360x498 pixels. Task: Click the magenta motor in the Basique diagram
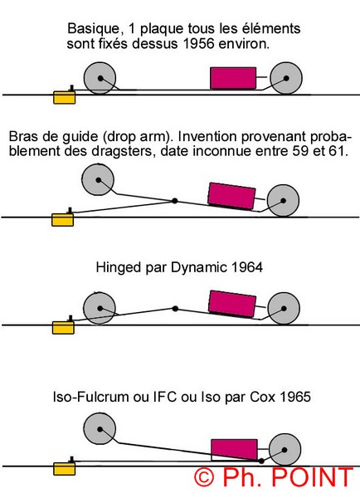coord(233,78)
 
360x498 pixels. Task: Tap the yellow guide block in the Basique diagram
coord(65,97)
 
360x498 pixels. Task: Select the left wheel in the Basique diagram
coord(100,78)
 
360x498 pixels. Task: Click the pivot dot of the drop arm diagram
coord(174,201)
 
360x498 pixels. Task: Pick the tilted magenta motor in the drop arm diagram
coord(231,196)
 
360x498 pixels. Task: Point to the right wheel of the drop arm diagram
coord(283,201)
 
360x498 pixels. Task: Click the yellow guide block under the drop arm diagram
coord(62,220)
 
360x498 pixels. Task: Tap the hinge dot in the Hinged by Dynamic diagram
coord(175,309)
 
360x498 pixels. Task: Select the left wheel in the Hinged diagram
coord(100,309)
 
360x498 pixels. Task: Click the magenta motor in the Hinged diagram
coord(232,305)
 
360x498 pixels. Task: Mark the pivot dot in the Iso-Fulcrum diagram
coord(261,461)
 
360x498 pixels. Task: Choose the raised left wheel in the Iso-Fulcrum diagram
coord(100,429)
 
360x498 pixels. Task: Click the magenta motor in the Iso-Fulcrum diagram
coord(234,450)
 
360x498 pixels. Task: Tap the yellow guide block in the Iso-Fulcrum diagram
coord(64,469)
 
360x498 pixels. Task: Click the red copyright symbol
coord(204,477)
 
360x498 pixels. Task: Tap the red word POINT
coord(313,477)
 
